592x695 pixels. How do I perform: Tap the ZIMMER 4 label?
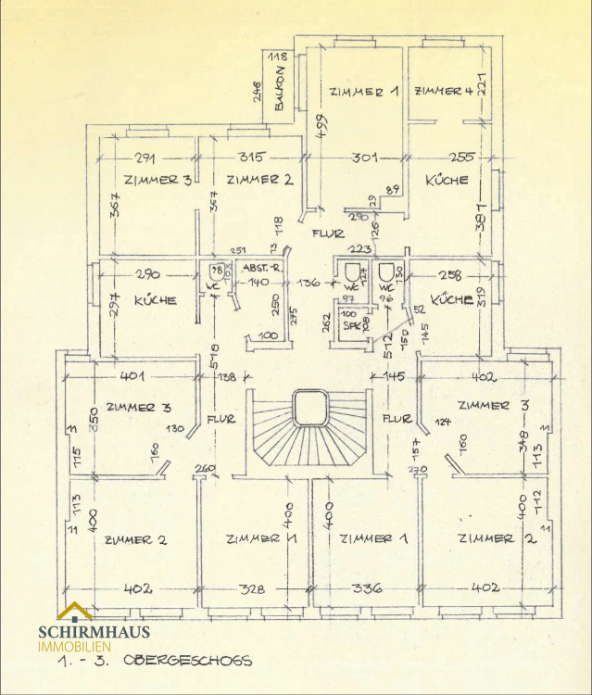click(x=444, y=91)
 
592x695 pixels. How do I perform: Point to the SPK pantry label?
click(x=350, y=325)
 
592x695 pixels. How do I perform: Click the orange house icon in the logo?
click(x=74, y=613)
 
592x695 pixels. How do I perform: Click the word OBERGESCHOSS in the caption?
click(x=200, y=661)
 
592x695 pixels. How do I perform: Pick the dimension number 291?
click(x=145, y=157)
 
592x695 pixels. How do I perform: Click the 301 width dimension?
click(x=364, y=158)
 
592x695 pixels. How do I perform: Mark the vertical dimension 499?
click(x=321, y=123)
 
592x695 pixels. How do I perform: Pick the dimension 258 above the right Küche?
click(x=448, y=274)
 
